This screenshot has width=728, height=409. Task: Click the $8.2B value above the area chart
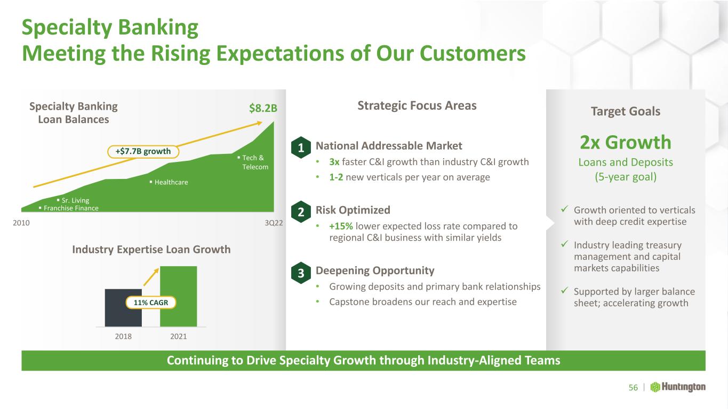pos(263,108)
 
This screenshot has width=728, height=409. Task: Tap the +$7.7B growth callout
pos(143,151)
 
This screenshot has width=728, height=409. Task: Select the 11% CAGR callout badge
pos(151,302)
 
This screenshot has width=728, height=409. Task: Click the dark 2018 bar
pos(123,308)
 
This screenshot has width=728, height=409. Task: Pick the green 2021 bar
pos(179,296)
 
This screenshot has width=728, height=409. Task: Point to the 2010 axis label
pos(21,223)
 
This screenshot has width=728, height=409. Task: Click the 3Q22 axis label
pos(274,223)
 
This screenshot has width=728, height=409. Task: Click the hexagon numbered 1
pos(301,148)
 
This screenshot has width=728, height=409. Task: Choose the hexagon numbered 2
pos(301,212)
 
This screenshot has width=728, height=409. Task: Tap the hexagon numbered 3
pos(301,273)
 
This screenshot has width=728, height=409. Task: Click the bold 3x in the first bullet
pos(334,162)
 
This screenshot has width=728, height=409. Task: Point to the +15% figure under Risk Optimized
pos(341,226)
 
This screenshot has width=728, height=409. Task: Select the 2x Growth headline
pos(626,142)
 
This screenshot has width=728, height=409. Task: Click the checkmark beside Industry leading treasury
pos(564,244)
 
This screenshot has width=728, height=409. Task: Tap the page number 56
pos(633,388)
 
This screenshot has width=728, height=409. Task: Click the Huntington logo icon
pos(655,387)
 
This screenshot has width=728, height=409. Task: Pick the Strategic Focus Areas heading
pos(417,106)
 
